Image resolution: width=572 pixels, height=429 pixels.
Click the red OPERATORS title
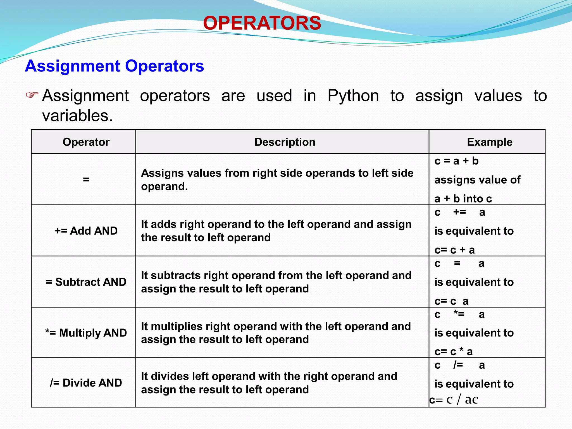[262, 23]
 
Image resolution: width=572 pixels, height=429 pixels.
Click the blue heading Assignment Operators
[115, 66]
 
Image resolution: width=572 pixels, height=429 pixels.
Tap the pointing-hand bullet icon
[32, 95]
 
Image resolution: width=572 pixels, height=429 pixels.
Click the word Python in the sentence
[353, 96]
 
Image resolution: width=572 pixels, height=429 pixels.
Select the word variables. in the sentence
[77, 116]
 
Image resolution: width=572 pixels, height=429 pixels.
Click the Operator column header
[86, 142]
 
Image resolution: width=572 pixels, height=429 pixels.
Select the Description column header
[285, 142]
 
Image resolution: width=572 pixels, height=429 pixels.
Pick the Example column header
[489, 142]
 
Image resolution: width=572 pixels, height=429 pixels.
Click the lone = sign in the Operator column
[86, 179]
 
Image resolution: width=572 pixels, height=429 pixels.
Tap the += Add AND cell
[86, 231]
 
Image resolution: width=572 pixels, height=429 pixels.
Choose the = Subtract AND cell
[86, 282]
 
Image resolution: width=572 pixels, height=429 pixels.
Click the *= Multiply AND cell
[86, 333]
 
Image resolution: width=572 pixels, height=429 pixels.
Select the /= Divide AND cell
[86, 383]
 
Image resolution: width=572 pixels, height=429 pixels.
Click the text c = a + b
[456, 161]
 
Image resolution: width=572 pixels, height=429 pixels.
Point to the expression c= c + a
[454, 250]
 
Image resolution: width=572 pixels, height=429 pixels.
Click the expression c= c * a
[453, 352]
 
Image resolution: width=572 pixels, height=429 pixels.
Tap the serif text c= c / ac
[454, 400]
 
